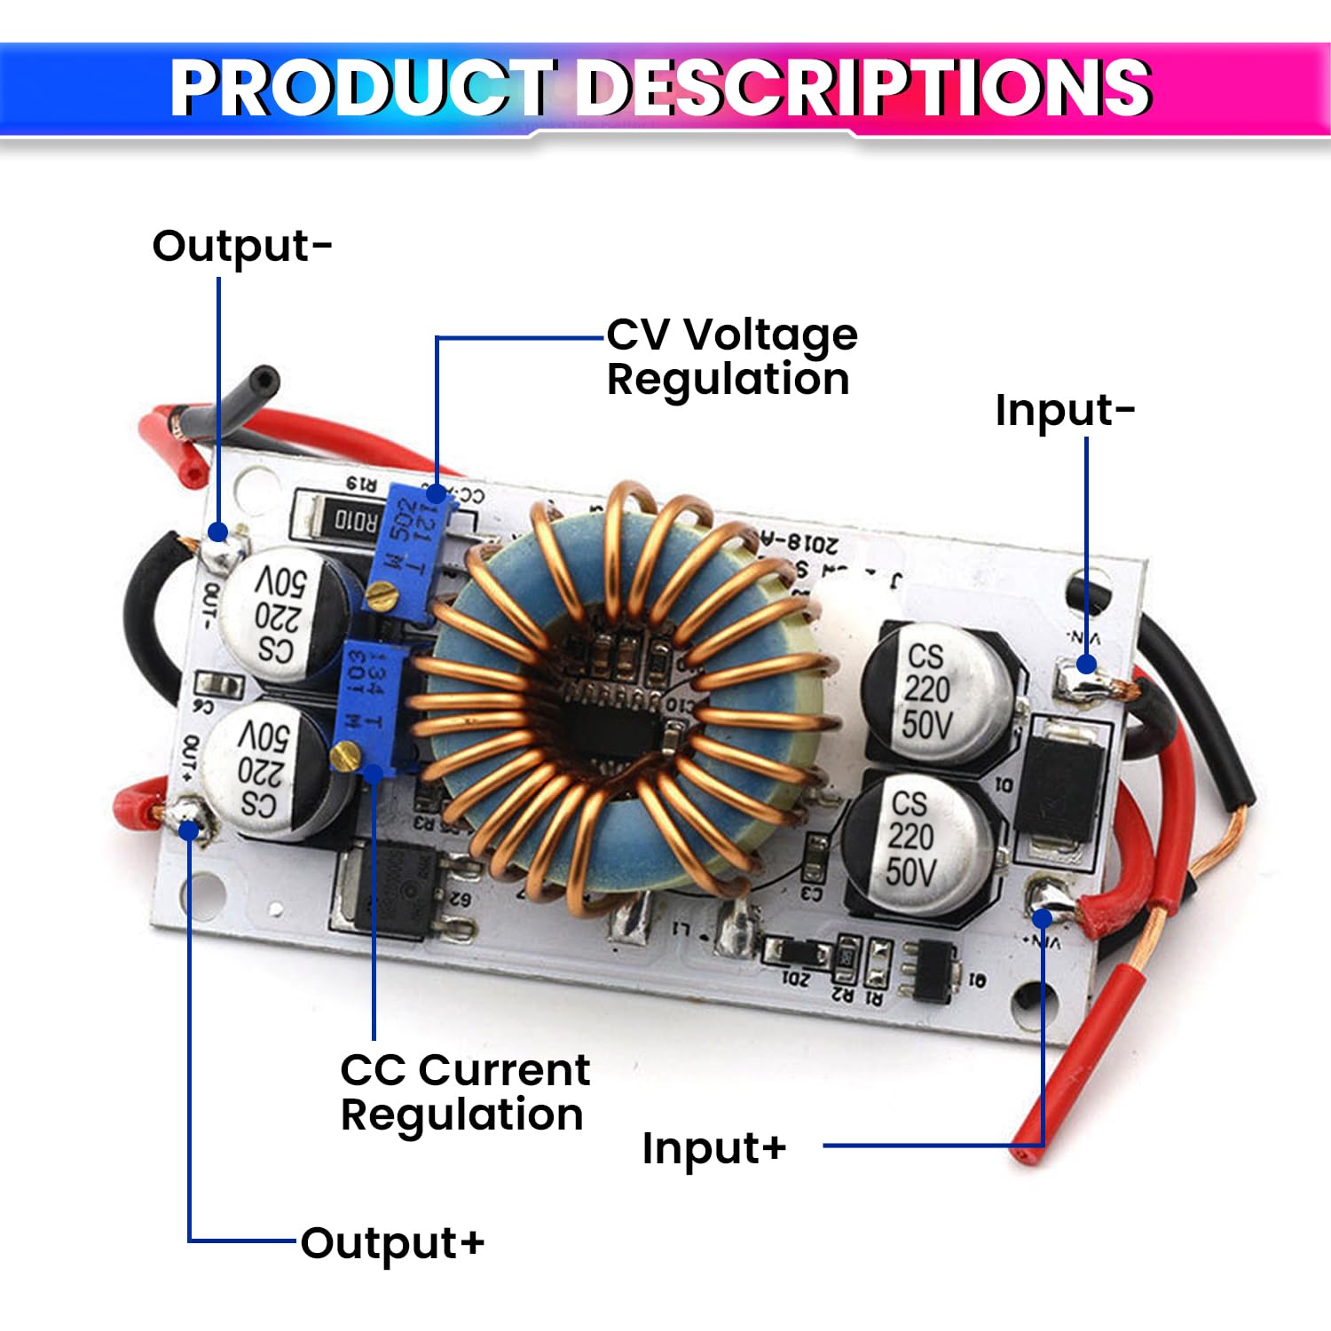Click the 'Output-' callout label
tap(241, 246)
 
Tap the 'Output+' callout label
tap(392, 1242)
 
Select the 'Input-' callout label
tap(1064, 410)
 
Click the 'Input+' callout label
tap(713, 1147)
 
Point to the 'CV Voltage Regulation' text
tap(731, 357)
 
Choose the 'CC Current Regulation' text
tap(464, 1091)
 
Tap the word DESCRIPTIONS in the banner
tap(865, 88)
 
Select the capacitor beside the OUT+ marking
tap(264, 768)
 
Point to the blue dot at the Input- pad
tap(1086, 664)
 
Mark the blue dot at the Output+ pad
tap(189, 830)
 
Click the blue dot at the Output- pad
tap(217, 532)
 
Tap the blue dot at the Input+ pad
tap(1043, 918)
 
